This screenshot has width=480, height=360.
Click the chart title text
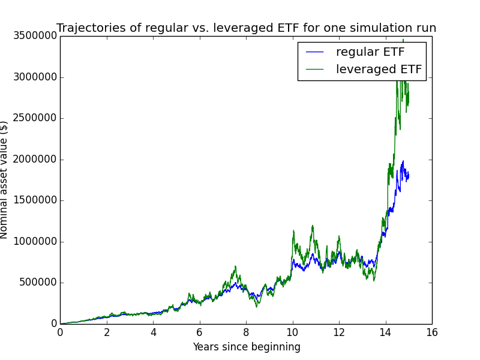[x=246, y=28]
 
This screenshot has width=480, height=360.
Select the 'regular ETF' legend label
[x=370, y=52]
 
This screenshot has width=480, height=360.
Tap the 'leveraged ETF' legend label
[x=379, y=69]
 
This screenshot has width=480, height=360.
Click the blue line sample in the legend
[x=314, y=52]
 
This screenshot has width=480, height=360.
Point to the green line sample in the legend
[x=314, y=70]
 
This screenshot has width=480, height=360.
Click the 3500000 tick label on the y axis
[x=35, y=36]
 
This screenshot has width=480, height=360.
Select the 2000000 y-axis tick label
[x=35, y=160]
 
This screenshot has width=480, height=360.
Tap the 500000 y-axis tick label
[x=38, y=283]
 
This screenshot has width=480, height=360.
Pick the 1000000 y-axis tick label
[x=35, y=242]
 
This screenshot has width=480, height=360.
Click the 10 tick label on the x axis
[x=293, y=332]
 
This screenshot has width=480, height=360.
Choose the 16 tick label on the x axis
[x=432, y=332]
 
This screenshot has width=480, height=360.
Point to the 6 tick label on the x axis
[x=200, y=332]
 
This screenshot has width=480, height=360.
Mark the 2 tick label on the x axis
[x=107, y=332]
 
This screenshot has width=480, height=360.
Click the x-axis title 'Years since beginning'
[x=247, y=347]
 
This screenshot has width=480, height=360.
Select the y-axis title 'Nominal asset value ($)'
[x=4, y=180]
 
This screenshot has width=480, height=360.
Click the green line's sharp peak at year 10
[x=293, y=230]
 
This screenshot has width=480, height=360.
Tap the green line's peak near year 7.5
[x=235, y=266]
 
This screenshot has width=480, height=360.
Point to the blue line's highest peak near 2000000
[x=403, y=161]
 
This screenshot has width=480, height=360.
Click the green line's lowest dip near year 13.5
[x=374, y=281]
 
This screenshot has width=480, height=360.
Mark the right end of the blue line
[x=409, y=176]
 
